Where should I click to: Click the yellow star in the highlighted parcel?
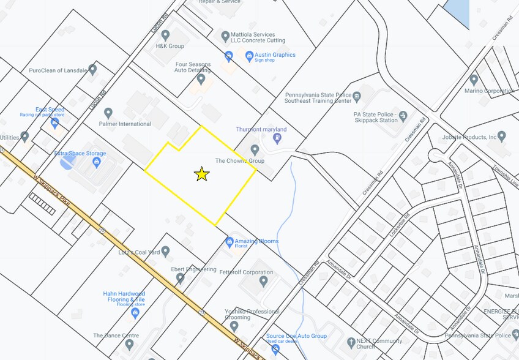click(x=202, y=174)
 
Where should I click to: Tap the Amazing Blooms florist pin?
click(x=230, y=242)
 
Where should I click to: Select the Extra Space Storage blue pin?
click(x=96, y=162)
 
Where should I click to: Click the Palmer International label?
click(x=125, y=124)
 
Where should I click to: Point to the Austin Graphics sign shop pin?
click(x=249, y=56)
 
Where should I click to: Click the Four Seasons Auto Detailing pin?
click(x=201, y=78)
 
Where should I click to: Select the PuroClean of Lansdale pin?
click(x=92, y=69)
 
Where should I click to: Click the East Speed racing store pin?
click(x=55, y=123)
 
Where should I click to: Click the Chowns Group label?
click(x=239, y=161)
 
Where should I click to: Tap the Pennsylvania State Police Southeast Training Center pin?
click(x=357, y=96)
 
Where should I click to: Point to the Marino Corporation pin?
click(x=473, y=80)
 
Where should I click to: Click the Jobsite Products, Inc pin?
click(x=502, y=136)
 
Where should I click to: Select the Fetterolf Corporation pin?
click(x=264, y=281)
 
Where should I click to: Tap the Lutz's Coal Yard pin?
click(x=165, y=251)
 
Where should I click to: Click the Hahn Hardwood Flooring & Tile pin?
click(x=135, y=313)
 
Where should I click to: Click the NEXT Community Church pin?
click(x=351, y=342)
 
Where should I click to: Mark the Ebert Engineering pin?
click(x=180, y=278)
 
